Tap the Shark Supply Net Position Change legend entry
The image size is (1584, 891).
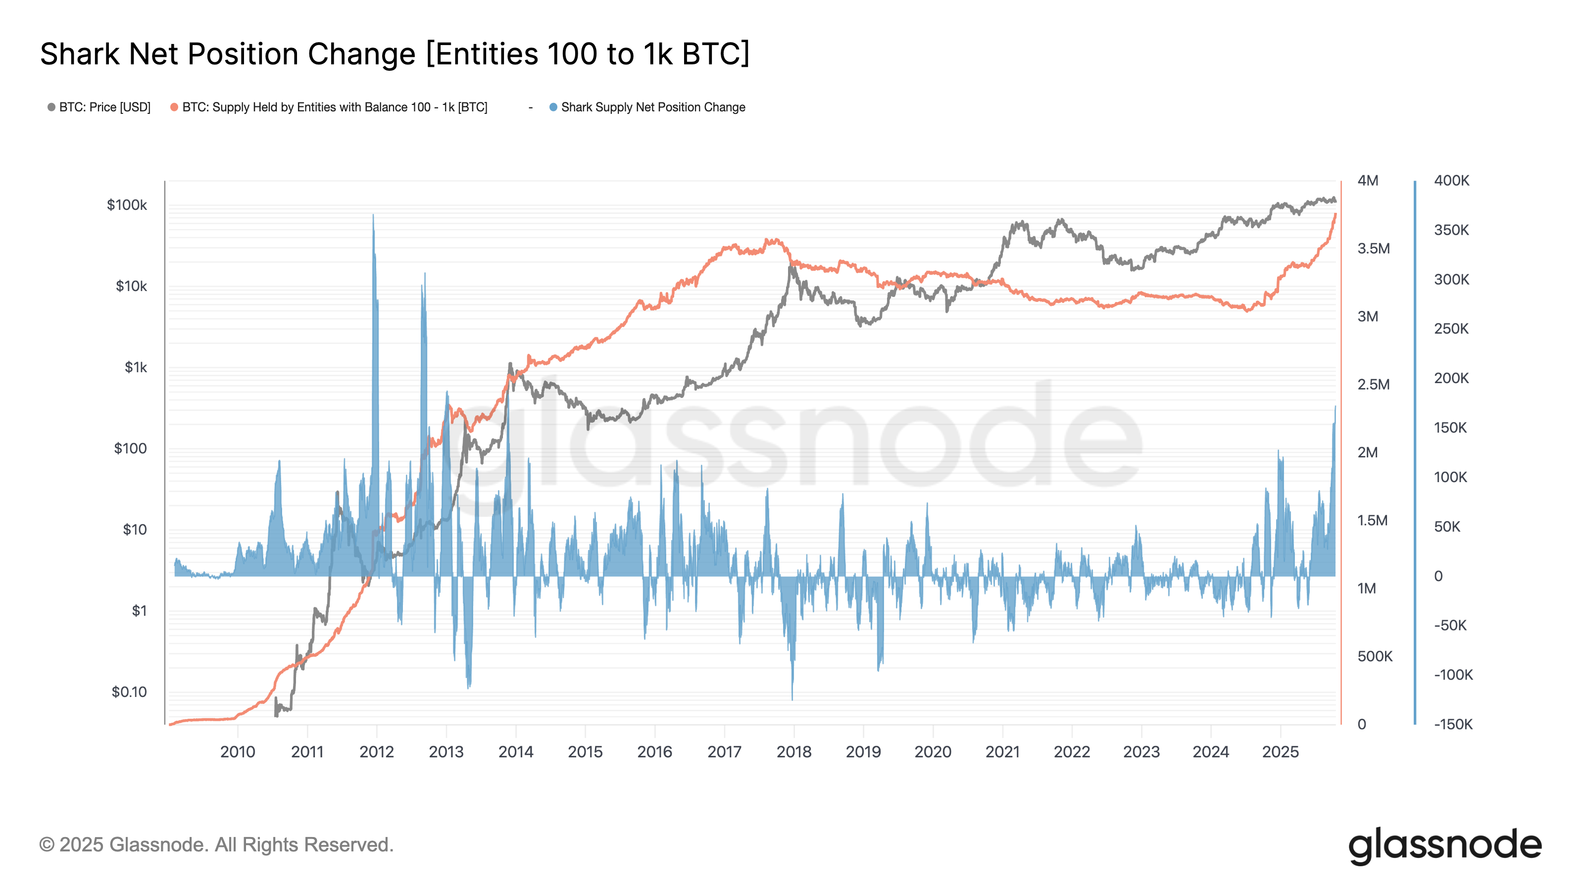pyautogui.click(x=652, y=107)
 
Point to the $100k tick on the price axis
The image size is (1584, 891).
pyautogui.click(x=127, y=205)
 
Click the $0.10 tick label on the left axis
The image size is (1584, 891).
pyautogui.click(x=129, y=692)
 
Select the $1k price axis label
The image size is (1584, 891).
pyautogui.click(x=136, y=367)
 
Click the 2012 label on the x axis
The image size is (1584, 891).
pyautogui.click(x=376, y=751)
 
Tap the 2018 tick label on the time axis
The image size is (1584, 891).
pyautogui.click(x=794, y=751)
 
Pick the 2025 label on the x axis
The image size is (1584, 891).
pyautogui.click(x=1280, y=751)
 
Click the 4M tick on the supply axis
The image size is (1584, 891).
pyautogui.click(x=1368, y=181)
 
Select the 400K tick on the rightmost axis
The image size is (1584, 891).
pyautogui.click(x=1451, y=181)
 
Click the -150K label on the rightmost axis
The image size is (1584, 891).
pyautogui.click(x=1453, y=724)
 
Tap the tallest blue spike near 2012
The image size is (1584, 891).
pyautogui.click(x=373, y=216)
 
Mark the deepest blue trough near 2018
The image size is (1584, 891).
pyautogui.click(x=792, y=698)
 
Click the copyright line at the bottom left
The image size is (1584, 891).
pyautogui.click(x=216, y=844)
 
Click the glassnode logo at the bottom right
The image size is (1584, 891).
pyautogui.click(x=1444, y=845)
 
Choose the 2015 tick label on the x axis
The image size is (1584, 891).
pyautogui.click(x=585, y=751)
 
